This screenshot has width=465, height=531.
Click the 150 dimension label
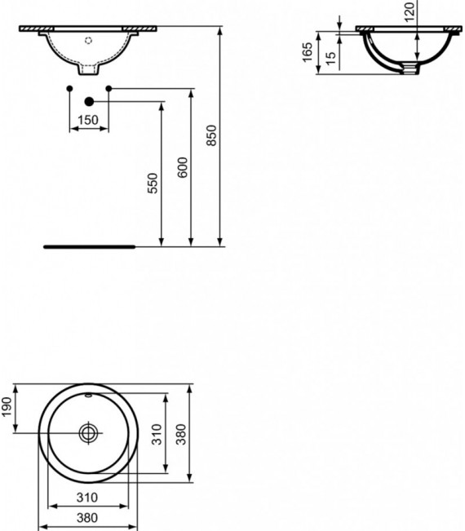pos(88,120)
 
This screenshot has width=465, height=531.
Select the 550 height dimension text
pos(153,184)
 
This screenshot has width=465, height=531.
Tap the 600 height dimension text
pos(183,167)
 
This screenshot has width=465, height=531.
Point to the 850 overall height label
pos(211,135)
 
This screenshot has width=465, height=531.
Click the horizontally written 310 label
pos(87,497)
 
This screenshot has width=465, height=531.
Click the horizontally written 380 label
pos(87,517)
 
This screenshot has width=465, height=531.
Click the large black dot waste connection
pos(89,102)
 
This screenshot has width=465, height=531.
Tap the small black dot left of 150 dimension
pos(69,87)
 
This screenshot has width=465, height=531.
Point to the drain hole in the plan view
pos(88,432)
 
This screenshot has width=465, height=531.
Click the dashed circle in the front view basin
pos(89,38)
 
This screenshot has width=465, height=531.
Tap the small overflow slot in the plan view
pos(88,395)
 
